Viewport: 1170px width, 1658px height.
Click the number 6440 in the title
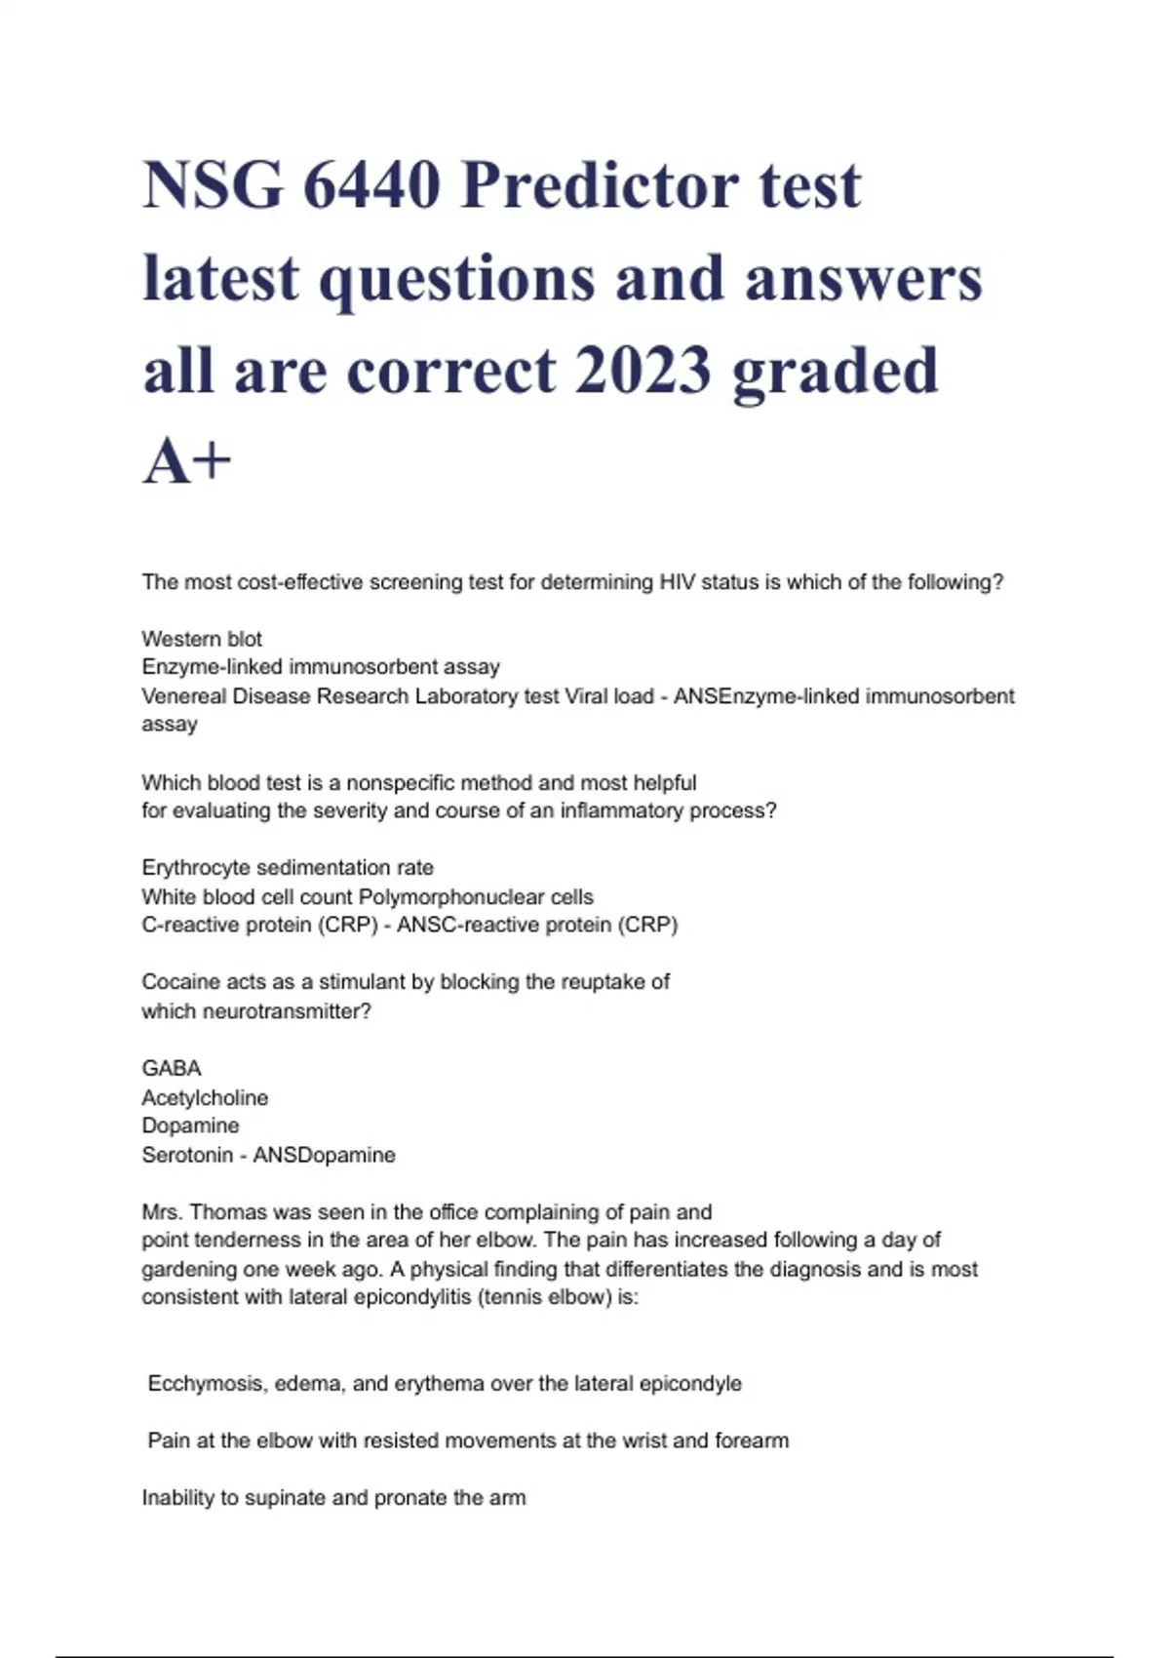pyautogui.click(x=370, y=185)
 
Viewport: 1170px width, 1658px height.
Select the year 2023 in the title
pyautogui.click(x=643, y=371)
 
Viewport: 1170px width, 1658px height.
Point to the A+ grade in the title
pyautogui.click(x=186, y=461)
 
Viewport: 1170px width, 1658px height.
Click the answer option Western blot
pyautogui.click(x=202, y=639)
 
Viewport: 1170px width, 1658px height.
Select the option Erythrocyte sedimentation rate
pyautogui.click(x=288, y=867)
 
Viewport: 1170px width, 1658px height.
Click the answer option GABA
pyautogui.click(x=172, y=1068)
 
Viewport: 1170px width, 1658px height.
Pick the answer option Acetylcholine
pyautogui.click(x=205, y=1097)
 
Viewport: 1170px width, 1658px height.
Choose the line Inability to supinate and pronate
pyautogui.click(x=333, y=1498)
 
